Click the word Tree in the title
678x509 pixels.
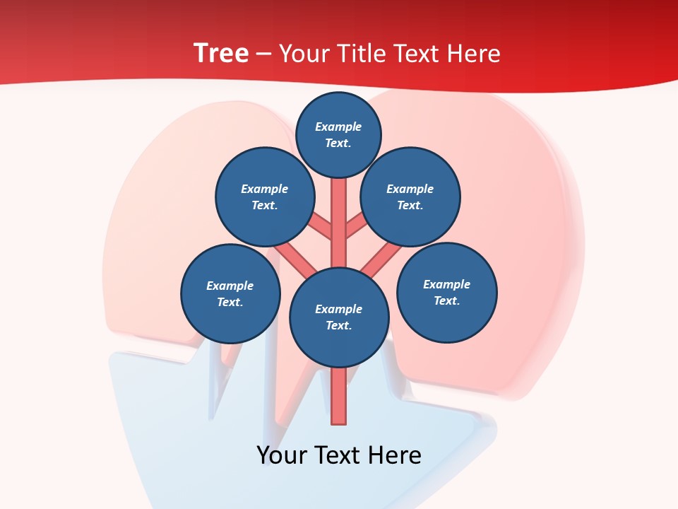221,53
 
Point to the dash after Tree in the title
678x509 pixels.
263,54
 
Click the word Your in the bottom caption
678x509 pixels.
282,455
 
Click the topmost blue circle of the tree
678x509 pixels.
338,134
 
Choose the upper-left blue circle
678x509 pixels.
265,197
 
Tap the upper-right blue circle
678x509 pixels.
410,197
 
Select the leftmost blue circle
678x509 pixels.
230,293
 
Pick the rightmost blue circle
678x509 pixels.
447,292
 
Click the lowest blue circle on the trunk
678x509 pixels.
339,317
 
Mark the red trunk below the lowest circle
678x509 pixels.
339,396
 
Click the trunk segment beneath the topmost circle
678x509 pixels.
339,212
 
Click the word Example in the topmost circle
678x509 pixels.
338,127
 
